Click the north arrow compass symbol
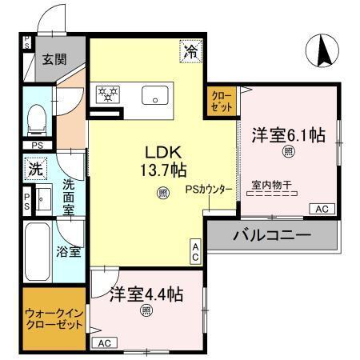325,52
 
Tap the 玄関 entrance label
54,58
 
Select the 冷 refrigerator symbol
190,50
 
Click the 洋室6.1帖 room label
289,134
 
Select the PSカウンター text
209,190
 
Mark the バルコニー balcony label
271,236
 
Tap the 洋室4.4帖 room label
146,294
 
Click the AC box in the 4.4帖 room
102,342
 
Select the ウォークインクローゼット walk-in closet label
54,321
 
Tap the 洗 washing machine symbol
34,170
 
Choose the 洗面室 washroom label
69,196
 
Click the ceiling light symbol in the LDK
162,192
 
